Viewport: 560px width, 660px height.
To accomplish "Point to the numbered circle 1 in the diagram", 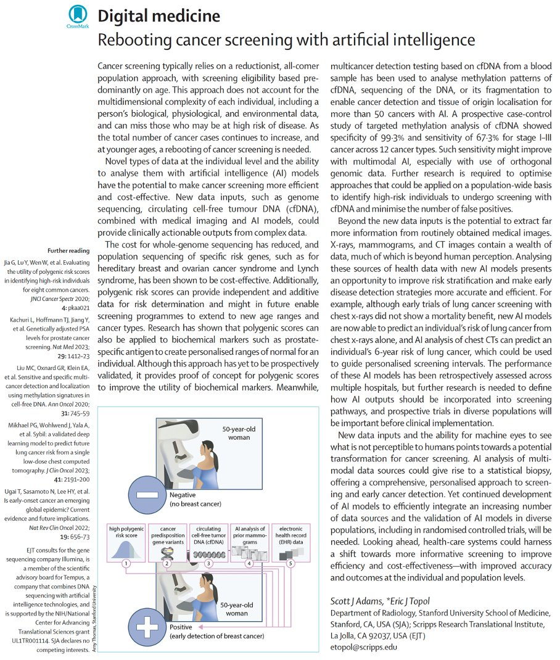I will tap(126, 563).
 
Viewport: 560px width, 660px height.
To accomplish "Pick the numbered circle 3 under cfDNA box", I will tap(208, 563).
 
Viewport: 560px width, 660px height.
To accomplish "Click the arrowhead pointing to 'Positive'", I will tap(204, 625).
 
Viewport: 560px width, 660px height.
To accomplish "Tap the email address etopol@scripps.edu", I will tap(364, 647).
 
